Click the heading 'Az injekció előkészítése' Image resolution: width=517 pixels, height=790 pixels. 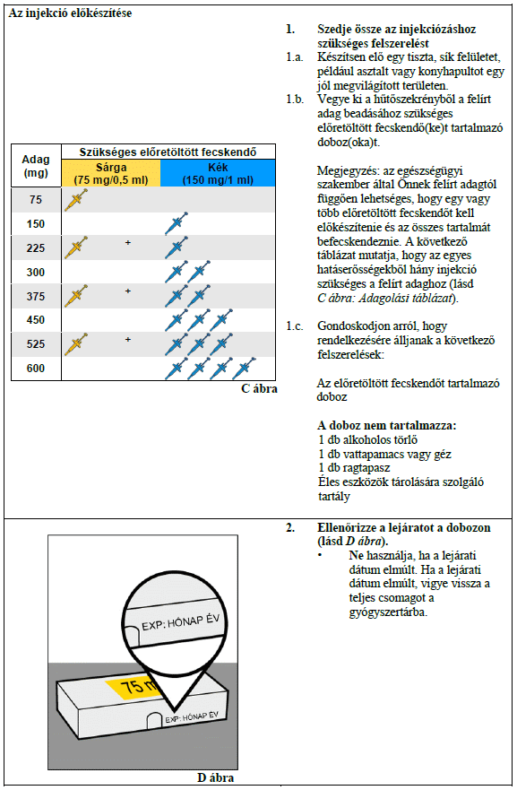[x=70, y=13]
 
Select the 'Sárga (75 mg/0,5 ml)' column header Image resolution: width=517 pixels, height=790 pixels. [x=111, y=173]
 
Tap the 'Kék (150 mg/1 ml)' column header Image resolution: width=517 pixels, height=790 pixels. [x=218, y=173]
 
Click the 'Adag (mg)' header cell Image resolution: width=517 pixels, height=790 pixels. [x=36, y=166]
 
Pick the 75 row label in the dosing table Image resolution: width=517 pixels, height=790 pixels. [x=36, y=200]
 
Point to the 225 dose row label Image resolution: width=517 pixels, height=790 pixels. [x=36, y=248]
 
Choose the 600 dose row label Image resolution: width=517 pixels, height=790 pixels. [x=36, y=369]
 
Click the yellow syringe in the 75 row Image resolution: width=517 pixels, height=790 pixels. [x=76, y=200]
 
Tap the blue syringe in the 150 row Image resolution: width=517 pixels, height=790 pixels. [x=177, y=223]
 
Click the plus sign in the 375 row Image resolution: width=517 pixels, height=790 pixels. [x=128, y=291]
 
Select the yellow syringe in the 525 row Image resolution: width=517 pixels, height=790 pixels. [x=76, y=343]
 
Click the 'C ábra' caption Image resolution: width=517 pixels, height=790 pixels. [x=259, y=388]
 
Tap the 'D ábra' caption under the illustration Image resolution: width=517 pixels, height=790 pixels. [x=215, y=777]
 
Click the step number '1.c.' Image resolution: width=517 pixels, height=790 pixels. [x=295, y=326]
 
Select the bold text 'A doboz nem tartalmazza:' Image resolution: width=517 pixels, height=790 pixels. [x=386, y=426]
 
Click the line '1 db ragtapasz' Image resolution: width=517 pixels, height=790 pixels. [x=354, y=468]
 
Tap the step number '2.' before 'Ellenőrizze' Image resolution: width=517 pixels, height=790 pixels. [x=290, y=527]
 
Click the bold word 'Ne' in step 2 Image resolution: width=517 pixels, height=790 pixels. [x=356, y=556]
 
